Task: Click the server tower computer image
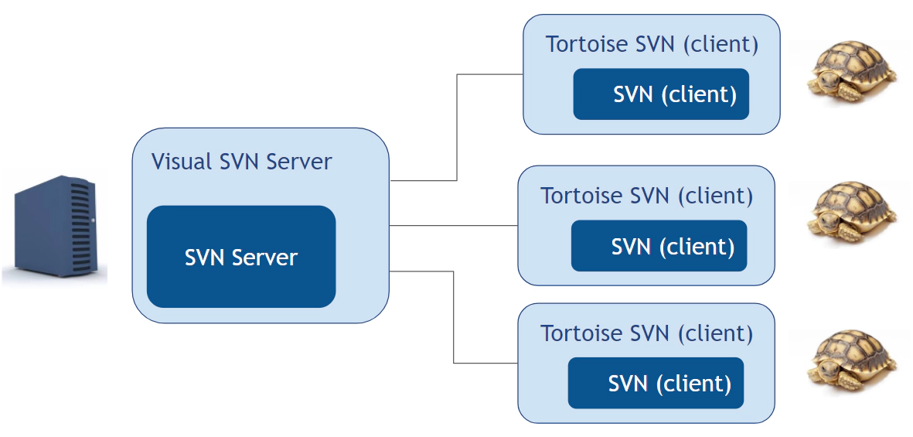tap(54, 228)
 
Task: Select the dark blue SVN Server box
tap(241, 257)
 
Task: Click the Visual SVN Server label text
tap(241, 162)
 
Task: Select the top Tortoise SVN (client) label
tap(652, 45)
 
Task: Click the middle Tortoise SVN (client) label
tap(646, 196)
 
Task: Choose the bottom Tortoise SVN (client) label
tap(646, 333)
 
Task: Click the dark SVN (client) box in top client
tap(661, 94)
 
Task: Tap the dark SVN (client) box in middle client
tap(659, 246)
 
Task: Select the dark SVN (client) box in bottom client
tap(656, 383)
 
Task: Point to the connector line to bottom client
tap(453, 317)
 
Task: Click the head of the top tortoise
tap(824, 79)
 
